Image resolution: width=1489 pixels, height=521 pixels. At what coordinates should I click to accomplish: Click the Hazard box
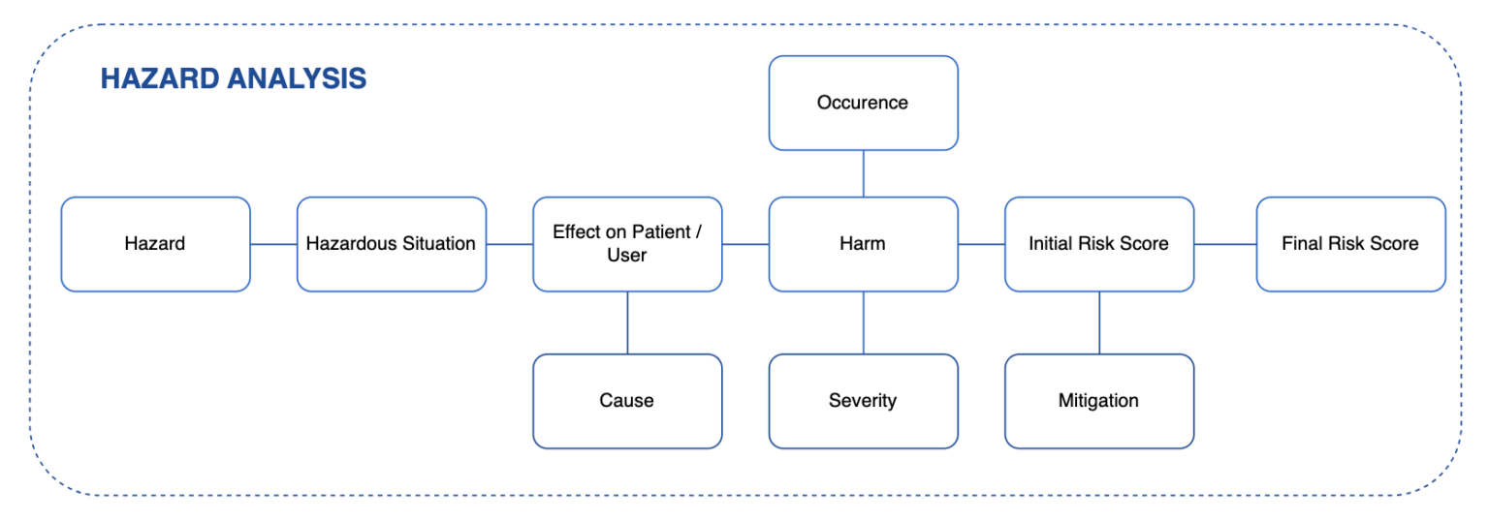pos(155,244)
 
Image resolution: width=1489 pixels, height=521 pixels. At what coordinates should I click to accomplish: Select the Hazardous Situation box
pos(391,244)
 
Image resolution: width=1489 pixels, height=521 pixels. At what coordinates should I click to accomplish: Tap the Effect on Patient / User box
pos(626,244)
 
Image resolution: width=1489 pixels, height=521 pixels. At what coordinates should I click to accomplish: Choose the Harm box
pos(863,244)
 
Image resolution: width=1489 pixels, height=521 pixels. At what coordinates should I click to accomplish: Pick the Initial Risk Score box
pos(1098,244)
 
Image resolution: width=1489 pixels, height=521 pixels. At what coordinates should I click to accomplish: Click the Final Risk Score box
pos(1350,244)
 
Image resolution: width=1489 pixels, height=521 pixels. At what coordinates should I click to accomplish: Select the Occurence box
pos(863,103)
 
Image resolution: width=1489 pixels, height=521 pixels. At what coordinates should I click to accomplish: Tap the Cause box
pos(626,401)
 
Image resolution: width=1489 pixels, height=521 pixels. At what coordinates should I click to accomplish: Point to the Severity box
pos(863,401)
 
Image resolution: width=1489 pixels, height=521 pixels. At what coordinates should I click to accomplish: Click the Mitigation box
pos(1098,401)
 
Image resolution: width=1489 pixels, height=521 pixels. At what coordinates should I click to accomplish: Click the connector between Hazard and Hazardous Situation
pos(273,244)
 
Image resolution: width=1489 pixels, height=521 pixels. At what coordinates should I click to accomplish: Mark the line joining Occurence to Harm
pos(863,173)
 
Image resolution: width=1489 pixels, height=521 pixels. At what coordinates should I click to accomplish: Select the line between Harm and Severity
pos(863,322)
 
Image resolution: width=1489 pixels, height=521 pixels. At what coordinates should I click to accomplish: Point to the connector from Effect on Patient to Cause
pos(627,322)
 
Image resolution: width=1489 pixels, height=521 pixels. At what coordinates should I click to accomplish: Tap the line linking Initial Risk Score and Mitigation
pos(1099,322)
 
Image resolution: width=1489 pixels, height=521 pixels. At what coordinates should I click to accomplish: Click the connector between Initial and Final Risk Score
pos(1225,244)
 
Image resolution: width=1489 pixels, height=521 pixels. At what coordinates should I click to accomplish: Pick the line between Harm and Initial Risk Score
pos(981,244)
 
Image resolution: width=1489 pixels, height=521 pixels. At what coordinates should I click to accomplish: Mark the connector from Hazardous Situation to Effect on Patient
pos(509,244)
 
